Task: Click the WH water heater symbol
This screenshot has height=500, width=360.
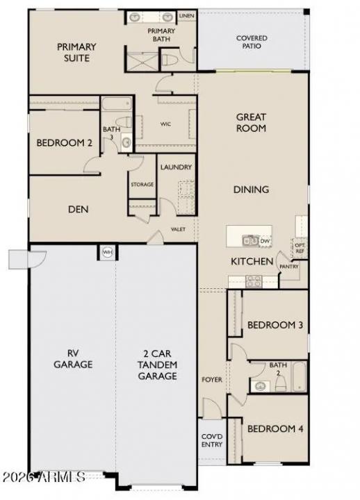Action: coord(108,252)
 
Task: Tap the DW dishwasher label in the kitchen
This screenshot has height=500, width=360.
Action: coord(265,241)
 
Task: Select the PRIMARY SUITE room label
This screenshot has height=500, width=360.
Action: coord(76,52)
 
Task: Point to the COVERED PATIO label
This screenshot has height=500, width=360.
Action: coord(252,43)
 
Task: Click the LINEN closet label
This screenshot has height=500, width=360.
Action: coord(186,15)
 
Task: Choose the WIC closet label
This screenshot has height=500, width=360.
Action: coord(165,125)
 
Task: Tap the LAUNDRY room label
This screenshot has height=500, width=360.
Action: coord(176,167)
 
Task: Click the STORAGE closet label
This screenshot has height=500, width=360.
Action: coord(142,185)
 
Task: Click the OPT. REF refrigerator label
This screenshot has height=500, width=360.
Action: coord(300,248)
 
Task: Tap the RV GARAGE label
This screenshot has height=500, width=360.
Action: coord(72,358)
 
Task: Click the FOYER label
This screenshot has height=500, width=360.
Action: coord(211,380)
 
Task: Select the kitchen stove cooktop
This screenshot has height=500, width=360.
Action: coord(253,281)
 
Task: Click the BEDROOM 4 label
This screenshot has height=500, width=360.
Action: coord(275,428)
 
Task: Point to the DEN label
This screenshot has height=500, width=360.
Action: coord(78,208)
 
